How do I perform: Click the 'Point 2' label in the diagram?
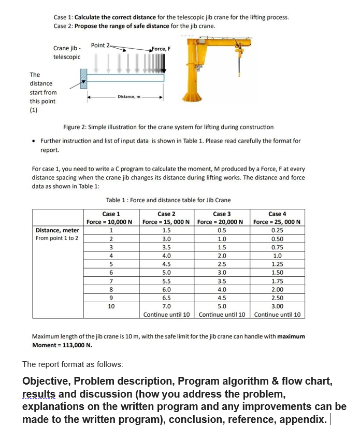pos(100,45)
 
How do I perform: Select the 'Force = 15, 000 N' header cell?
pos(166,222)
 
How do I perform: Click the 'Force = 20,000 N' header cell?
pos(222,222)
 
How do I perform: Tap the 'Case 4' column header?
pos(277,214)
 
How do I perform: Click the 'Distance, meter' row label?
pos(57,231)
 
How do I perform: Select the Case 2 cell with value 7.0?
pos(166,306)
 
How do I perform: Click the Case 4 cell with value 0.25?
pos(277,231)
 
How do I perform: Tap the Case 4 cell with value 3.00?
pos(277,306)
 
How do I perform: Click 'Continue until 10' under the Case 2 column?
pos(167,315)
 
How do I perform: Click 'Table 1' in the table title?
pos(117,200)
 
